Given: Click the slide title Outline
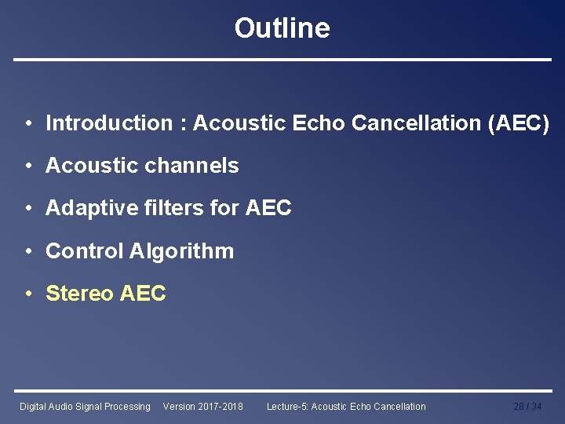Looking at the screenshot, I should click(x=282, y=28).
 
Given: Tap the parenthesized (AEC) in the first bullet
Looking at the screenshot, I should click(x=518, y=123).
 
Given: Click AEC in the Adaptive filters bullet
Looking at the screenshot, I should click(x=268, y=208).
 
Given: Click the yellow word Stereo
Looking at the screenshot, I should click(x=79, y=294).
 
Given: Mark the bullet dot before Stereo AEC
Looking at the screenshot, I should click(x=27, y=294).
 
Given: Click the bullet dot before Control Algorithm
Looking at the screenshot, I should click(x=27, y=252).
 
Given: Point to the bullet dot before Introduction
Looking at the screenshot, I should click(x=27, y=124).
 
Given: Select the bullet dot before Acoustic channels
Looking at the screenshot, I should click(x=27, y=166).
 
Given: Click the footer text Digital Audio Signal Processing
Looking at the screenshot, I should click(x=85, y=407).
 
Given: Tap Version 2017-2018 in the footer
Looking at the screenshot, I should click(x=202, y=407).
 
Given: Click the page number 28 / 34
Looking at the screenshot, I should click(x=527, y=407).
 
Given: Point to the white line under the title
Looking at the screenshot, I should click(x=282, y=60).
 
